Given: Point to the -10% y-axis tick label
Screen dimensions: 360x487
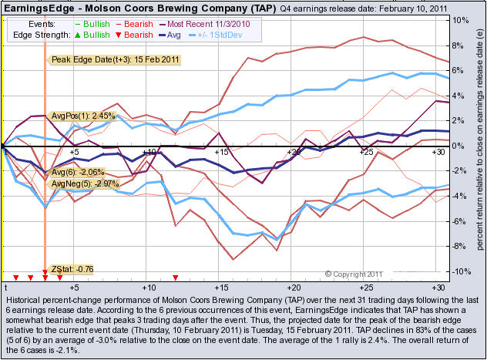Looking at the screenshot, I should click(458, 271).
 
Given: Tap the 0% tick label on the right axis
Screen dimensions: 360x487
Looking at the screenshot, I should click(456, 146).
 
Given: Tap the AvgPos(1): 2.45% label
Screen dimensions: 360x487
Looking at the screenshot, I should click(82, 116).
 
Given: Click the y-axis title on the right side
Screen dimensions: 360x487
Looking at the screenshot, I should click(480, 146).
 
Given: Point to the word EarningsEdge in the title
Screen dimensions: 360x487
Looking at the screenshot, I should click(37, 8).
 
